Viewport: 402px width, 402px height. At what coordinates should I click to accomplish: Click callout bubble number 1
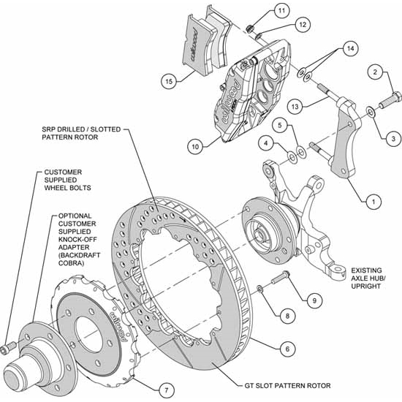pos(373,197)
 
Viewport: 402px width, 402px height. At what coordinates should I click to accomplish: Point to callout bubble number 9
pos(313,298)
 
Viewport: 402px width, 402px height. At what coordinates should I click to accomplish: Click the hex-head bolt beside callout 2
pos(390,96)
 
